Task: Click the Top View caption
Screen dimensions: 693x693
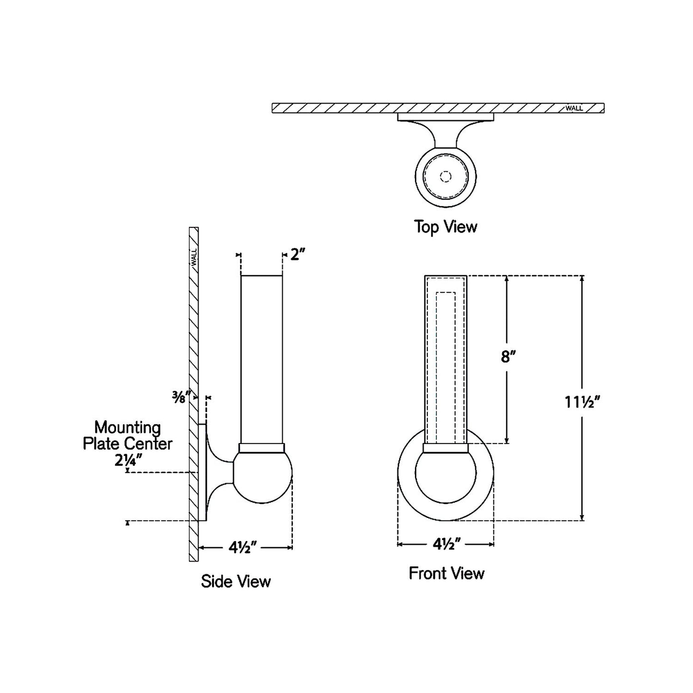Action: tap(446, 226)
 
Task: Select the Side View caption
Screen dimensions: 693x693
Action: tap(235, 581)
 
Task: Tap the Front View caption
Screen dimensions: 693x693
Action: tap(446, 573)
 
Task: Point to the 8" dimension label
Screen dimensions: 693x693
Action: tap(508, 357)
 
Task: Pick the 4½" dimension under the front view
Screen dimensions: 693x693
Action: tap(446, 544)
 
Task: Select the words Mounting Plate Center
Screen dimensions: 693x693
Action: tap(128, 435)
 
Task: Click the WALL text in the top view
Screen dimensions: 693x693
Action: tap(574, 108)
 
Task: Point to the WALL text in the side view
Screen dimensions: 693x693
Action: tap(194, 258)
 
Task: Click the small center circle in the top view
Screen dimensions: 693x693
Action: tap(446, 176)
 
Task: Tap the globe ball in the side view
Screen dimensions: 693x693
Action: tap(262, 477)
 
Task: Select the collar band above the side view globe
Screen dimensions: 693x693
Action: tap(262, 447)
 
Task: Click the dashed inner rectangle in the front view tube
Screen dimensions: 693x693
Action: tap(446, 364)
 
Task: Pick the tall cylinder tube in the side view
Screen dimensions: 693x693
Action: tap(261, 360)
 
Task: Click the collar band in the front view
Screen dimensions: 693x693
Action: tap(446, 448)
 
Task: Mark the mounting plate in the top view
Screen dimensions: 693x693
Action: tap(446, 117)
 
